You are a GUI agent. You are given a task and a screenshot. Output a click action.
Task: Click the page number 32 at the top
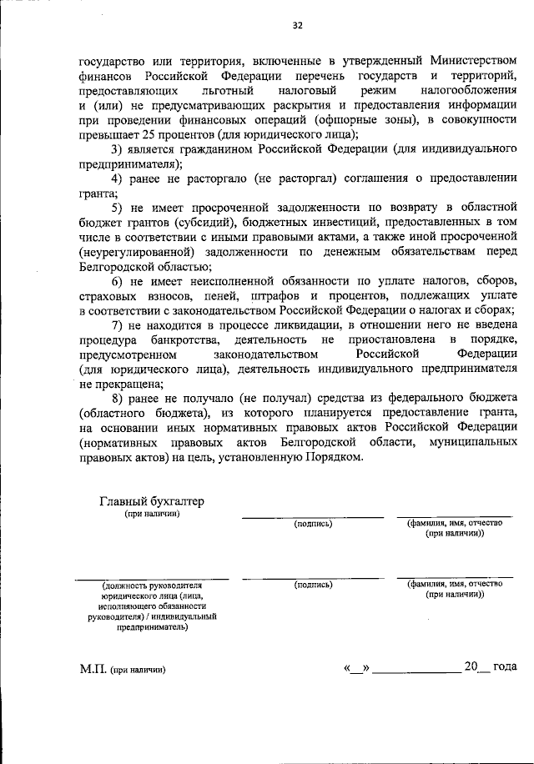click(297, 25)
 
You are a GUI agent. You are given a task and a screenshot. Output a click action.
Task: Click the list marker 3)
click(117, 149)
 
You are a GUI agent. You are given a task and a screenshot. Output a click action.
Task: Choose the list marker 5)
click(117, 208)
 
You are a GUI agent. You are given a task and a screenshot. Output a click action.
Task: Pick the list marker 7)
click(117, 324)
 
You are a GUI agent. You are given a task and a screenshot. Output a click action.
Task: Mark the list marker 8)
click(117, 399)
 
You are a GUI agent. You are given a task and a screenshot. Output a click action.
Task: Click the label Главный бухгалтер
click(151, 501)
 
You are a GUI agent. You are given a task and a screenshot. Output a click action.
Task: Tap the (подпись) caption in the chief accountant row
click(313, 524)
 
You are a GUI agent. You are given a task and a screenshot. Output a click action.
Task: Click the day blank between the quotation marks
click(360, 668)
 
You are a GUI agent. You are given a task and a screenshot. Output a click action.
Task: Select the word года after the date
click(505, 667)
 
